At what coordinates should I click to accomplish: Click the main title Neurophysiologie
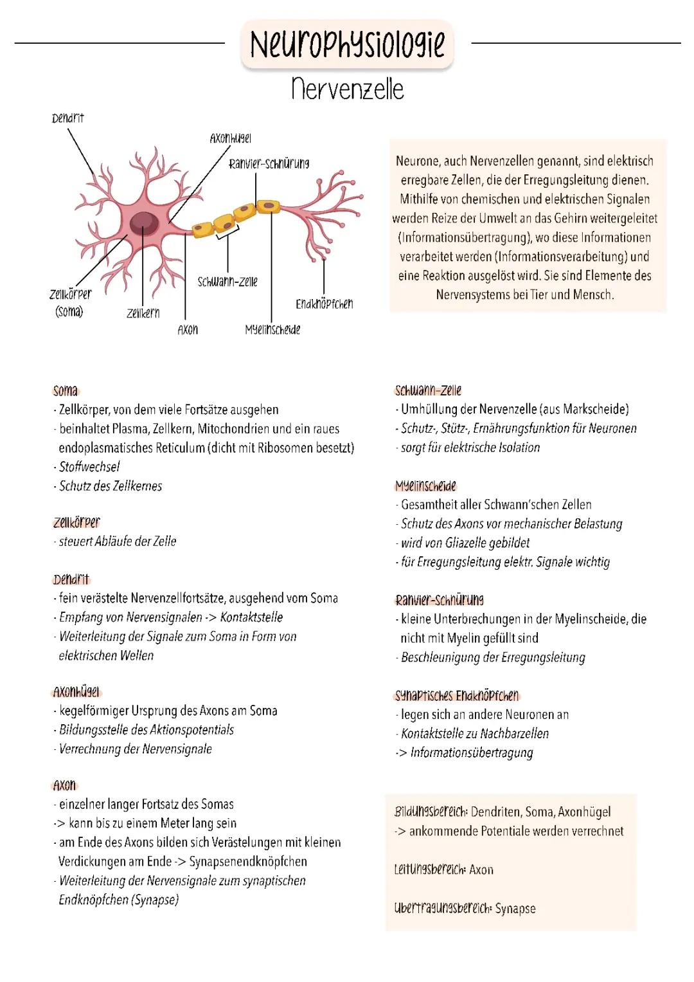pos(347,44)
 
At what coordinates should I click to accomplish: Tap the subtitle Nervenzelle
pos(348,89)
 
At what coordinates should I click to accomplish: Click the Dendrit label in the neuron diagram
pos(67,118)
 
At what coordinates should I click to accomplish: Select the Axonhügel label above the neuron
pos(230,138)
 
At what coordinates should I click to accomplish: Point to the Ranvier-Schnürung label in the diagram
pos(269,164)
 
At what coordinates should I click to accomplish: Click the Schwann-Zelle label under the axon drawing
pos(227,282)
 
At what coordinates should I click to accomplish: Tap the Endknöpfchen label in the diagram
pos(324,304)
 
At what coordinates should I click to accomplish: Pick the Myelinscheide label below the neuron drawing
pos(272,330)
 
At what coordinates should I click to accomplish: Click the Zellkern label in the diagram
pos(143,313)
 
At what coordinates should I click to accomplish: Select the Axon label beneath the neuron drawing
pos(188,330)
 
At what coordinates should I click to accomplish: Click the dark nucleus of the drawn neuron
pos(144,223)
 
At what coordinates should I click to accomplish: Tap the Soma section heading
pos(66,390)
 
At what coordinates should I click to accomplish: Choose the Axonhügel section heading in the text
pos(76,692)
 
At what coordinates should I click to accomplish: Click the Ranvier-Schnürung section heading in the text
pos(440,600)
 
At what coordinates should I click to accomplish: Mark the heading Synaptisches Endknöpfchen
pos(457,695)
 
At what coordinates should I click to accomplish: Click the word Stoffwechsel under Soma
pos(89,467)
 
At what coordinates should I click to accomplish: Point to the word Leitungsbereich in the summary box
pos(430,869)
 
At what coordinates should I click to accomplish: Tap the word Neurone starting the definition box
pos(418,161)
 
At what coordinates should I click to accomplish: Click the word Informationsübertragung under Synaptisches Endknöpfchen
pos(472,753)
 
